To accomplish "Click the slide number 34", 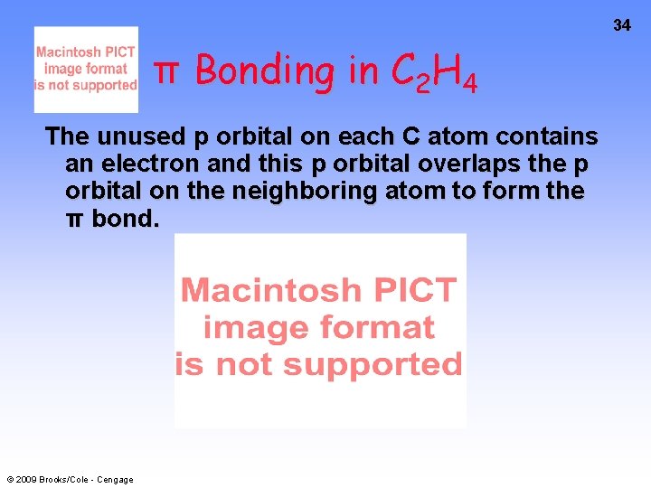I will tap(622, 25).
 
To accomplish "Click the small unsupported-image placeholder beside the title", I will tap(86, 70).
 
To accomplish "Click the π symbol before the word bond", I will tap(76, 220).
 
